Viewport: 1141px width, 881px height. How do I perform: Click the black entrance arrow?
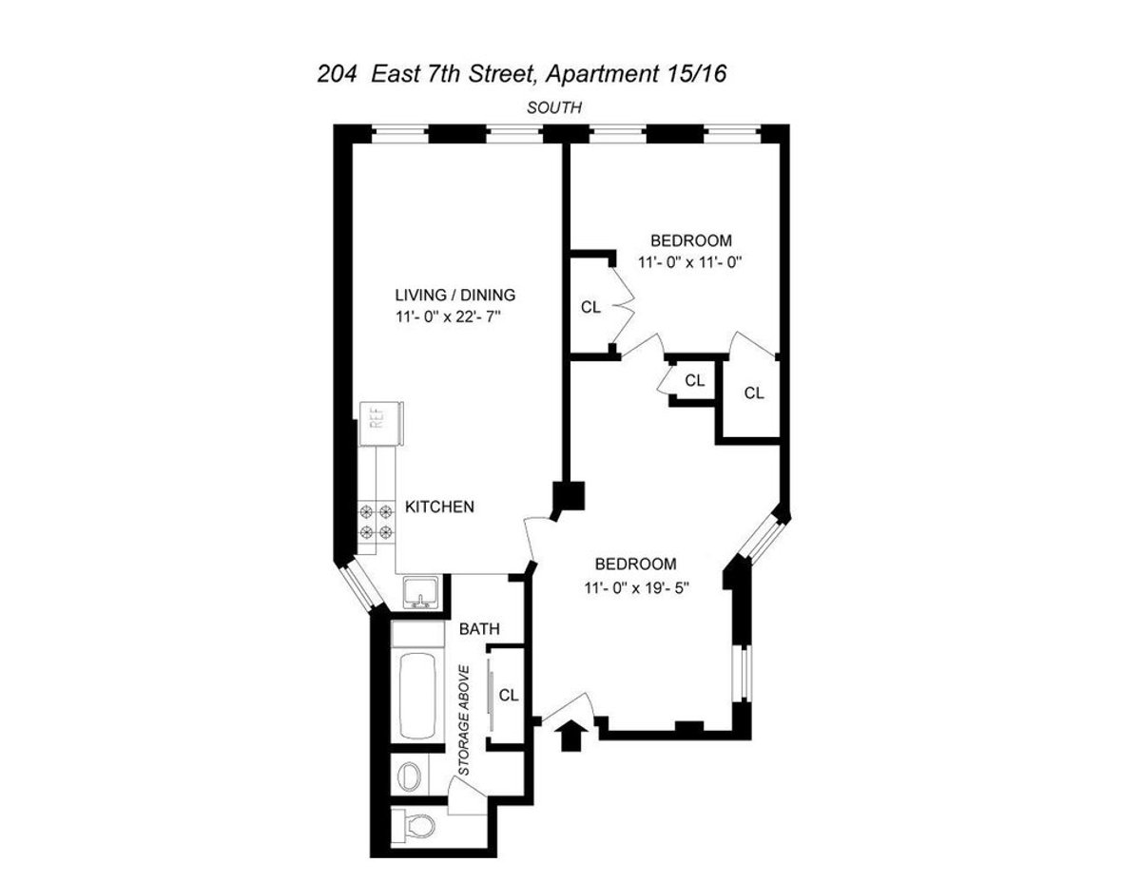[x=571, y=736]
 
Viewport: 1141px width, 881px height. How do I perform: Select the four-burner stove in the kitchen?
[x=376, y=523]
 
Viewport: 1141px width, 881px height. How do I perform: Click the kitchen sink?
[x=418, y=593]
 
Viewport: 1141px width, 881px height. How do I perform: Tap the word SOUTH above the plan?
[x=554, y=107]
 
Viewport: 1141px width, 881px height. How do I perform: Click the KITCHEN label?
[x=439, y=507]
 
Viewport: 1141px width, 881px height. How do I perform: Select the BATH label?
[x=479, y=629]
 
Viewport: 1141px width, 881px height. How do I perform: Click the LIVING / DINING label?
[x=454, y=295]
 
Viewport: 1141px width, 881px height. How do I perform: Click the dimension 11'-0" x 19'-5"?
[x=636, y=587]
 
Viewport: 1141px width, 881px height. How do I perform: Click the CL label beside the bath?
[x=509, y=695]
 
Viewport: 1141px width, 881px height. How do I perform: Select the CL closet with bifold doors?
[x=590, y=308]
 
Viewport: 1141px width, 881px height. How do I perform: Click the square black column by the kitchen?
[x=570, y=496]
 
